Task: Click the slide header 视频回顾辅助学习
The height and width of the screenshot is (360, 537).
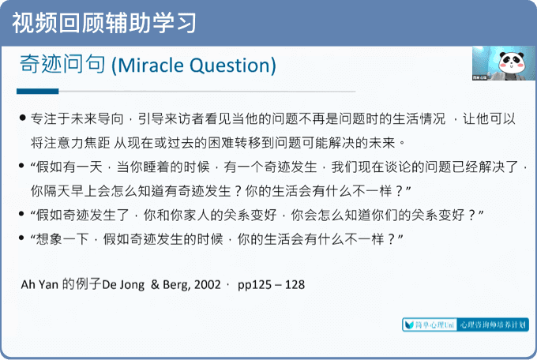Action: click(104, 23)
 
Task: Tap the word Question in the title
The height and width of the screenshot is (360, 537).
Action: click(230, 65)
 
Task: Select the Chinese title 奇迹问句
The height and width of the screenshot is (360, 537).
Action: click(62, 64)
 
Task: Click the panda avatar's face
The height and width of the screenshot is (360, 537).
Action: click(511, 62)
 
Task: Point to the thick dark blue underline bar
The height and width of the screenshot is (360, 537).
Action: click(38, 91)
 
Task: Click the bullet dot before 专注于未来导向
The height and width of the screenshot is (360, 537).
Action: click(23, 118)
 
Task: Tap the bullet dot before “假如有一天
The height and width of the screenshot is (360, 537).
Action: click(21, 166)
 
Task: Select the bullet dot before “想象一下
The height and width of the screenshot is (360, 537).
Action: click(21, 238)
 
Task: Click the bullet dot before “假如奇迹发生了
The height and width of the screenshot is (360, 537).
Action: click(21, 214)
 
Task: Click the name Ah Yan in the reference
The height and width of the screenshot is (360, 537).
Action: click(39, 285)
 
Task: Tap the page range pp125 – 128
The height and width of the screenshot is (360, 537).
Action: click(271, 285)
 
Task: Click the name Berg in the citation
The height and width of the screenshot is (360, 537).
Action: click(176, 285)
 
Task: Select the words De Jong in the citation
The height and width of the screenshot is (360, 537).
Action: click(123, 285)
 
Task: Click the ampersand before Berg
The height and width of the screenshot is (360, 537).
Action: click(155, 285)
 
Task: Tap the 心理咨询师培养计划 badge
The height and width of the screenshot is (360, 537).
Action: click(493, 324)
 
